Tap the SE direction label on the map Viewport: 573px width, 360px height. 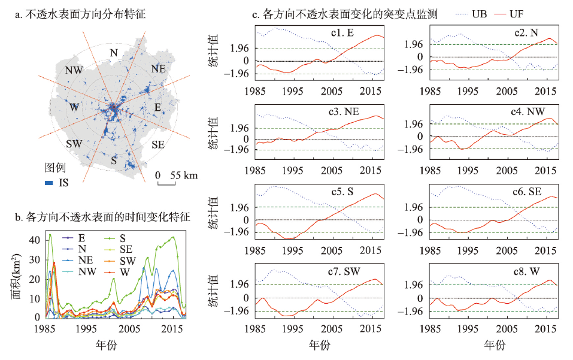click(159, 144)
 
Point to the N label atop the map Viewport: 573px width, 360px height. click(113, 53)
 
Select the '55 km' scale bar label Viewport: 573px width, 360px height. click(183, 176)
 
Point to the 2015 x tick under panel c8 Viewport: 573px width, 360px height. click(546, 329)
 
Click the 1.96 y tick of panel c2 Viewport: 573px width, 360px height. click(415, 44)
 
